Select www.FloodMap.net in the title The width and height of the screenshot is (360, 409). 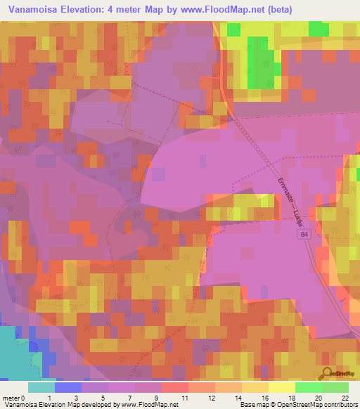[x=215, y=10]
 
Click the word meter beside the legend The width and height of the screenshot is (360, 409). [x=12, y=397]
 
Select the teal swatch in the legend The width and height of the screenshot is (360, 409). [x=41, y=387]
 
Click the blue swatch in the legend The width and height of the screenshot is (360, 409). [x=67, y=387]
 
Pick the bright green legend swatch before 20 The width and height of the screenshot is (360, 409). [x=308, y=387]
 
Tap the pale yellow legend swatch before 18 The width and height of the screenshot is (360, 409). [x=281, y=387]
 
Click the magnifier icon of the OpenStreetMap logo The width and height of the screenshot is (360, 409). [x=326, y=374]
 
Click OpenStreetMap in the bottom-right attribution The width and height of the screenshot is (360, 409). [x=293, y=405]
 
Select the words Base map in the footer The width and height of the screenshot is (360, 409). [x=253, y=405]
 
